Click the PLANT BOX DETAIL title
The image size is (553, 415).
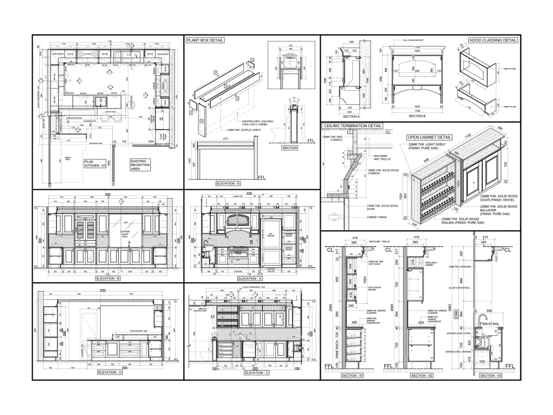205,40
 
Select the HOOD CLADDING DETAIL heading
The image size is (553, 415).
493,40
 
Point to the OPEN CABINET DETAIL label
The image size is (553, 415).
429,137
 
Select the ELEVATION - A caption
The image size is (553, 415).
252,278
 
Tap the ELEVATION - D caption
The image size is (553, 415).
108,373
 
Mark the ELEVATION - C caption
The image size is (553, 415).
256,373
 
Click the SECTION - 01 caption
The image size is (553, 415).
352,376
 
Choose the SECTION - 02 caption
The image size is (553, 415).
422,376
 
